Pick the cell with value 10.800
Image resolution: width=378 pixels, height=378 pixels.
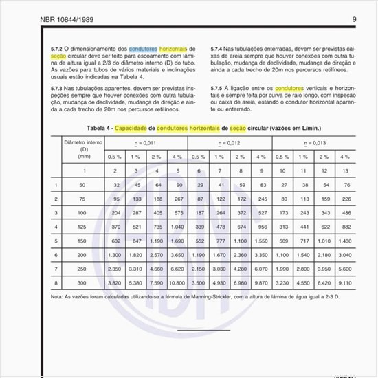pos(177,282)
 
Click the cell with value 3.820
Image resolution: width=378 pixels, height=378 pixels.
pos(115,282)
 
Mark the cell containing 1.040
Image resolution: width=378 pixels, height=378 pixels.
pos(177,227)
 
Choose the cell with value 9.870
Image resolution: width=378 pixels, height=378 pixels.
pos(261,282)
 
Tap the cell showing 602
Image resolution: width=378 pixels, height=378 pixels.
pos(115,241)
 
